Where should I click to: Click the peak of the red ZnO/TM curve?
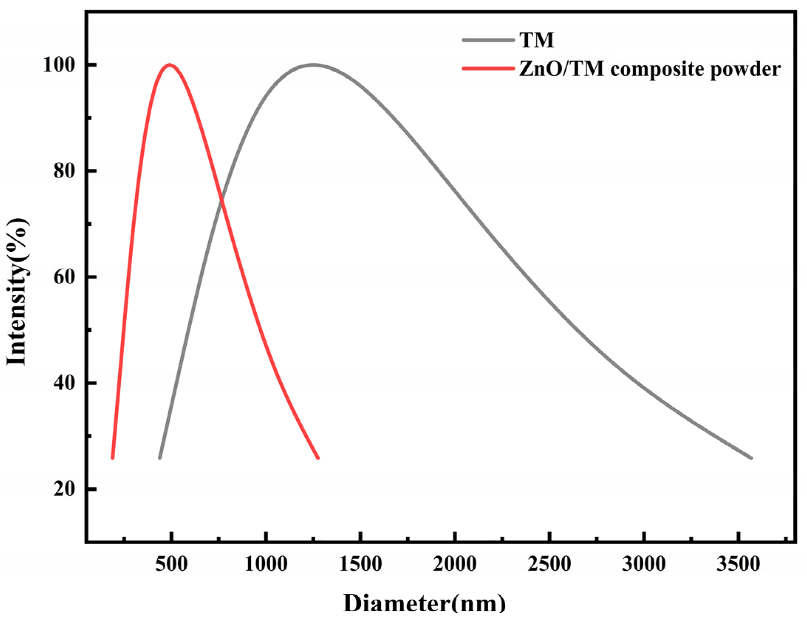170,65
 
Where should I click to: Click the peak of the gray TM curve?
313,65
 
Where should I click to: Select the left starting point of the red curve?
113,458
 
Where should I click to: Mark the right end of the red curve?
318,458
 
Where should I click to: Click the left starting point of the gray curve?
160,458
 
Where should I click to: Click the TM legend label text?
537,40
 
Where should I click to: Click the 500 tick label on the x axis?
171,564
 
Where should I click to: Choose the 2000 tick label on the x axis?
455,564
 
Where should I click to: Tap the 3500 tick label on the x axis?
738,564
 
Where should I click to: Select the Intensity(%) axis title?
17,292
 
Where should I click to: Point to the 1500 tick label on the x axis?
360,564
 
